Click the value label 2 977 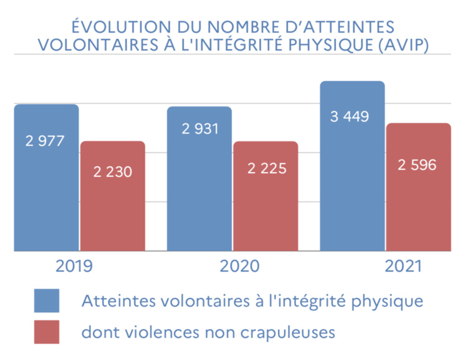(45, 141)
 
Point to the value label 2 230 (113, 172)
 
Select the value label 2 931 (200, 129)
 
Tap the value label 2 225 (267, 168)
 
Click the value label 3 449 (350, 116)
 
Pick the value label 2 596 (418, 164)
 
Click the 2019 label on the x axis (74, 267)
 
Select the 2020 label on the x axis (239, 267)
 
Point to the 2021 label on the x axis (404, 267)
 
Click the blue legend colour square (47, 300)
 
